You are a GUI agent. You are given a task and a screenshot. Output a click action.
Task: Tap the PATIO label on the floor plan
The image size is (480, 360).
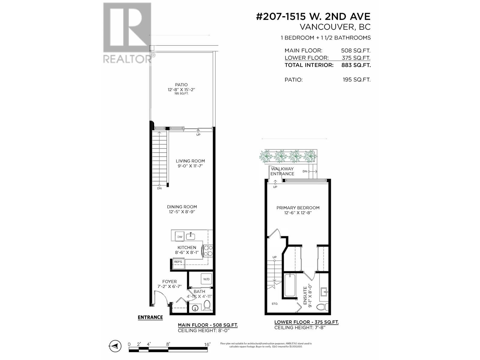point(181,85)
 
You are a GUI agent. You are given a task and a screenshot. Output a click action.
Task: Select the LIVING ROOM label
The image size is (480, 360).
point(190,161)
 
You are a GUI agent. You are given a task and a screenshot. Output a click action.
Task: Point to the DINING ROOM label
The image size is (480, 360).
point(182,207)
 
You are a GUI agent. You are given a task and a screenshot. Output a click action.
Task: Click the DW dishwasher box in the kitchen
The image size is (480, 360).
point(179,237)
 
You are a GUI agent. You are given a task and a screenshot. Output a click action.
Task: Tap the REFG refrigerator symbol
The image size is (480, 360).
point(178,262)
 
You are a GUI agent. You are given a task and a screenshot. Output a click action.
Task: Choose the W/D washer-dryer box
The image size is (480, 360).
point(206,279)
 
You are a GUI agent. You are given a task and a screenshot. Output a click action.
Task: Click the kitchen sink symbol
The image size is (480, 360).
point(190,236)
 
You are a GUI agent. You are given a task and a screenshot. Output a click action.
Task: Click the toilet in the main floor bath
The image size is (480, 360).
point(207,306)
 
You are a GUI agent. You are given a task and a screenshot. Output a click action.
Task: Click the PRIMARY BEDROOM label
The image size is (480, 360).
point(298,208)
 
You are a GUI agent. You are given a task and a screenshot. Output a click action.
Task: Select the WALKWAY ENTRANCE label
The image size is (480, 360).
point(282,171)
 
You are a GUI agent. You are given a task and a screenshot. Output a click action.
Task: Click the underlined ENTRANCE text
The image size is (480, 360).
point(150,317)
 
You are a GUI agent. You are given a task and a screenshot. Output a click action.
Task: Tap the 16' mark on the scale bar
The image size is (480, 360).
point(207,344)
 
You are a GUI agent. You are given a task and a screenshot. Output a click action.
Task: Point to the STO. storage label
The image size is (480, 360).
point(275,304)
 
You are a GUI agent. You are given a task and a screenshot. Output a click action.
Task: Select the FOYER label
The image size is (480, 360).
point(169,281)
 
